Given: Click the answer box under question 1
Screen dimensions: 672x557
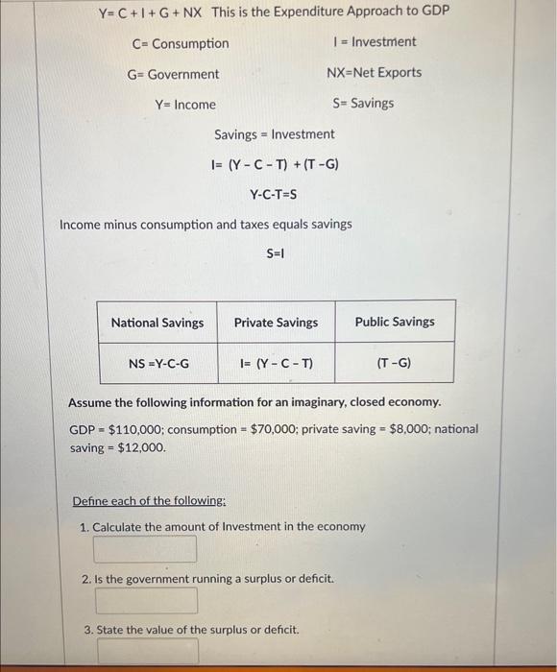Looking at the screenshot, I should click(x=145, y=549).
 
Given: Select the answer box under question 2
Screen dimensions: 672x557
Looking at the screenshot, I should click(x=147, y=601).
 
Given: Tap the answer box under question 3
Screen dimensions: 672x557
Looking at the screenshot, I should click(x=147, y=652).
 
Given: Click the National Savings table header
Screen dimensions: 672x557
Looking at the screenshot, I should click(x=157, y=323).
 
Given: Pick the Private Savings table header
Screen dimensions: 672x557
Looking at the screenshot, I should click(x=276, y=323).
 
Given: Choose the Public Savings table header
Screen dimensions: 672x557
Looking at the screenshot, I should click(x=395, y=322).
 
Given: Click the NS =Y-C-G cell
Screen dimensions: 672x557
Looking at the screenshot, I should click(x=158, y=364).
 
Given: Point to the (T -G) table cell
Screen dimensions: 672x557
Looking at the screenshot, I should click(x=395, y=364).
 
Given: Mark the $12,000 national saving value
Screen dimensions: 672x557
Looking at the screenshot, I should click(x=141, y=447).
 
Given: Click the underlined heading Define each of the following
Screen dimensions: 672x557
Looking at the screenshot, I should click(x=149, y=501).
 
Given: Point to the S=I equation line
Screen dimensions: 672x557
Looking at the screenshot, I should click(x=276, y=253).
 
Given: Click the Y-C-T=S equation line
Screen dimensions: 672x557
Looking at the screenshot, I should click(x=274, y=195).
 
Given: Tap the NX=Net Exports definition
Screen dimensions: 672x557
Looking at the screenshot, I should click(x=374, y=73).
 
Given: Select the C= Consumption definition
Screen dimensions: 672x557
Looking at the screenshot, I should click(x=181, y=44).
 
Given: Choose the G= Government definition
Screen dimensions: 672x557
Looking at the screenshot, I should click(x=173, y=74).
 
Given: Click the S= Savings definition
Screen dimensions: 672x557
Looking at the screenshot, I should click(x=363, y=104).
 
